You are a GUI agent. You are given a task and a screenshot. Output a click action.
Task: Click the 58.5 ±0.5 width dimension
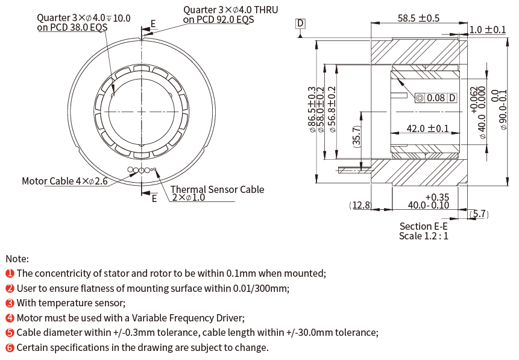pos(418,18)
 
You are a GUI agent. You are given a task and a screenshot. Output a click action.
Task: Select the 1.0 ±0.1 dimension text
pos(488,30)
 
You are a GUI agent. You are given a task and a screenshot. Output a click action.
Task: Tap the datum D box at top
pos(301,24)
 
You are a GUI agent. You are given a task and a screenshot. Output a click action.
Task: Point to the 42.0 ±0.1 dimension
pos(427,128)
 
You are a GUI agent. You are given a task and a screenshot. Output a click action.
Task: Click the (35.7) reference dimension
pos(357,137)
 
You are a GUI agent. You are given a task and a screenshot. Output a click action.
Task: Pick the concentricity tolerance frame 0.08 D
pos(436,98)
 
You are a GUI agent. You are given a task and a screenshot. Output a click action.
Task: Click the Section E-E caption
pos(423,226)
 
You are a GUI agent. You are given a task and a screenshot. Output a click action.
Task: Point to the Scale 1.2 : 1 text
pos(423,236)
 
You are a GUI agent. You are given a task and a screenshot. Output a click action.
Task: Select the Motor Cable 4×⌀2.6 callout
pos(64,181)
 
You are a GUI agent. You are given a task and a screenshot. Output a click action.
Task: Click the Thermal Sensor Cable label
pos(218,189)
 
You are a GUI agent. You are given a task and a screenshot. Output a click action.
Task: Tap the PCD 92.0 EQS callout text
pos(219,19)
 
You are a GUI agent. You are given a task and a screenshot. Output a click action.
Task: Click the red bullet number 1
pos(10,274)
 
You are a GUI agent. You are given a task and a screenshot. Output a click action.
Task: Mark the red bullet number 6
pos(10,347)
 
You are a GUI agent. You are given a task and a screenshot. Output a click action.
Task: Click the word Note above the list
pos(17,257)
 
